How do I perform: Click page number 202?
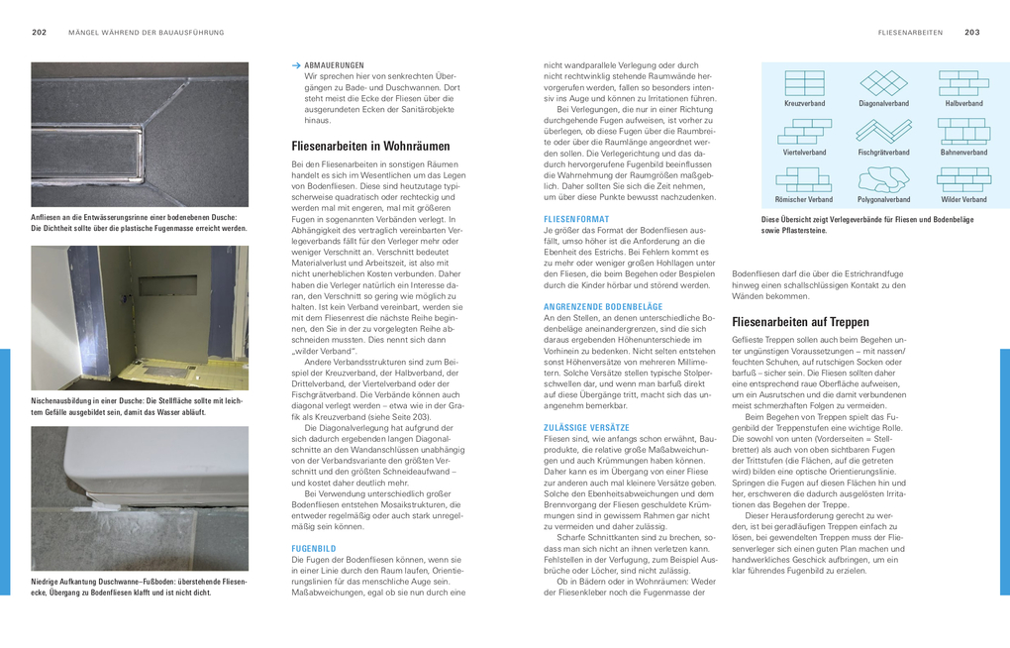[40, 33]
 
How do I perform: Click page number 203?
[972, 33]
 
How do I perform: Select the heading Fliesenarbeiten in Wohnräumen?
[370, 146]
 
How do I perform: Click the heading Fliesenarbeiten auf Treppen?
[800, 322]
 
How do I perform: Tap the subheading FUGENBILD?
[314, 547]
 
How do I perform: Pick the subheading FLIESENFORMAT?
[576, 218]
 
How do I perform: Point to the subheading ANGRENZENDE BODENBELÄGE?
[604, 306]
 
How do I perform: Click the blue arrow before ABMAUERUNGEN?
[296, 65]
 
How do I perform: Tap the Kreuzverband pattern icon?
[804, 83]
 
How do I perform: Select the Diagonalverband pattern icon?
[883, 83]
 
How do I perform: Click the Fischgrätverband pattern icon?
[883, 131]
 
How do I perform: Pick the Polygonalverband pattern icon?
[883, 179]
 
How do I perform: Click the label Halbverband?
[963, 103]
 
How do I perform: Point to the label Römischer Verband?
[804, 199]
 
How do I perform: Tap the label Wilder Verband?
[963, 199]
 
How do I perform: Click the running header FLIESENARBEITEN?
[910, 33]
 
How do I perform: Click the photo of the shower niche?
[140, 317]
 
